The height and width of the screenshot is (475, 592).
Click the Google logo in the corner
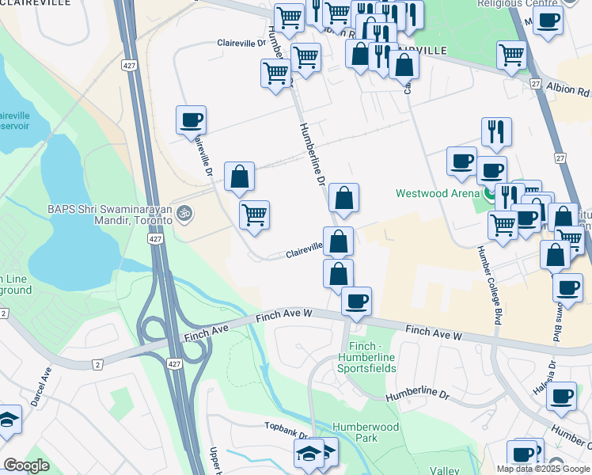click(x=26, y=465)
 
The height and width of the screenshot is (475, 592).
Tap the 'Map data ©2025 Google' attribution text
click(x=543, y=469)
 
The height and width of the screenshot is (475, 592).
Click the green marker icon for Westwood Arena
click(x=491, y=192)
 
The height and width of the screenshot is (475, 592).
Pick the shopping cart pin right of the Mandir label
click(x=254, y=215)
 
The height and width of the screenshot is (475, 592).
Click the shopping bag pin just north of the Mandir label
click(x=239, y=177)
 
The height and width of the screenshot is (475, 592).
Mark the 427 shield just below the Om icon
click(x=155, y=238)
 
